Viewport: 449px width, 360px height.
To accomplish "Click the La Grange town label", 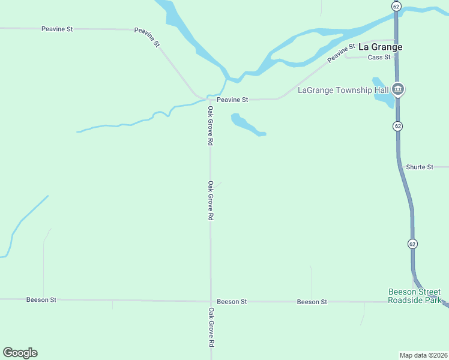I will pos(381,47).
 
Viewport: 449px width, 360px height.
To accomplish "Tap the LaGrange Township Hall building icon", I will pos(397,90).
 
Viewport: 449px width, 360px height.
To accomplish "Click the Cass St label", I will pos(379,57).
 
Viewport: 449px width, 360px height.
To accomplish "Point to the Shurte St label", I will pos(419,167).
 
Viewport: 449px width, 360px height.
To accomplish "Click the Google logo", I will pos(20,353).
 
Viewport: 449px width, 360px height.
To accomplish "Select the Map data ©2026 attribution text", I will pos(423,354).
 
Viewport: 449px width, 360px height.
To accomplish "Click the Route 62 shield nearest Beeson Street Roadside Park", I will pos(412,244).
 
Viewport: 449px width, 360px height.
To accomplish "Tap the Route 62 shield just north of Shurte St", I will pos(398,126).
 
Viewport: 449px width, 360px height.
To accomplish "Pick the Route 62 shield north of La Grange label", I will pos(396,6).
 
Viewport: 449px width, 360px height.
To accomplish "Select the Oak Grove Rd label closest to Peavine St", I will pos(211,127).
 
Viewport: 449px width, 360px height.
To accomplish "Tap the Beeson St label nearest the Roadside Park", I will pos(312,302).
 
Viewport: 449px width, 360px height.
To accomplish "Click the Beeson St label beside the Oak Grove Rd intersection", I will pos(232,302).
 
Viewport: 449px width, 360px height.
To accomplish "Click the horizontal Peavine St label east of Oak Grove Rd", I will pos(232,100).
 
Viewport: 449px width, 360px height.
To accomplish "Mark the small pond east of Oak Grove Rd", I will pos(246,125).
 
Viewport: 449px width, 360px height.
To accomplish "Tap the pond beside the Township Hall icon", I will pos(382,94).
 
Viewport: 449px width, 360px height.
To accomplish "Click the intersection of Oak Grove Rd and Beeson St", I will pos(211,301).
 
